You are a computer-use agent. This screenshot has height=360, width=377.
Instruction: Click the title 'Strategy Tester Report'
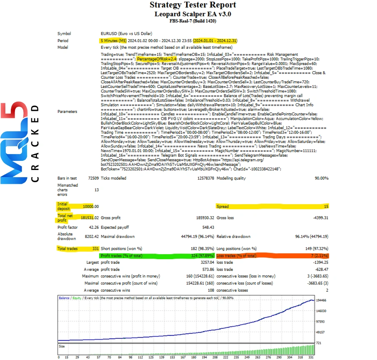(192, 5)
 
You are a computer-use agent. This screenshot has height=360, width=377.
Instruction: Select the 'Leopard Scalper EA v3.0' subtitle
(192, 14)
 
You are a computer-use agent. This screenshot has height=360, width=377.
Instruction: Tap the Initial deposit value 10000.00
(91, 206)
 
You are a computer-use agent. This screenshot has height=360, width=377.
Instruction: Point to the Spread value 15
(326, 206)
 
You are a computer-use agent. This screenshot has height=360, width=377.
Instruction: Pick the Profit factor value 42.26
(92, 227)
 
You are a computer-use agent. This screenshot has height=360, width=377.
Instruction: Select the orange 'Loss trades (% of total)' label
(236, 255)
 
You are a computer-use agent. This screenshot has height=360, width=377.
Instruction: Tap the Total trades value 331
(95, 248)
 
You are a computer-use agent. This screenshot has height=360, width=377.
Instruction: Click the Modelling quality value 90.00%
(321, 178)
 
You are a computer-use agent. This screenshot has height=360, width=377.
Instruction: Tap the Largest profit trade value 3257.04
(207, 262)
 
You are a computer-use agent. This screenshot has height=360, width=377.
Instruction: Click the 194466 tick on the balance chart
(321, 300)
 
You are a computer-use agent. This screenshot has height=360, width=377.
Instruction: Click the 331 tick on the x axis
(311, 357)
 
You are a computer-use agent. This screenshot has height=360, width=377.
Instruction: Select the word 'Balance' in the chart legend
(64, 298)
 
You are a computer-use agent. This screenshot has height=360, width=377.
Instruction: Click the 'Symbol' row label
(64, 33)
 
